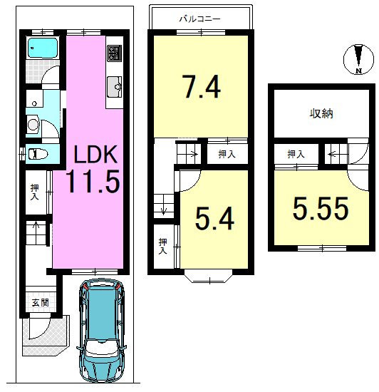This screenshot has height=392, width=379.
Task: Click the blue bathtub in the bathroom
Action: [x=43, y=47]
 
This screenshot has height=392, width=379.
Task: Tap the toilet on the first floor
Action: [x=38, y=154]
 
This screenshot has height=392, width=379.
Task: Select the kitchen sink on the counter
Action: [x=115, y=87]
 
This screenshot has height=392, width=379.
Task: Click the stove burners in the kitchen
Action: [x=115, y=53]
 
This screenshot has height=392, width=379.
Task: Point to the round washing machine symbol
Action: [x=33, y=125]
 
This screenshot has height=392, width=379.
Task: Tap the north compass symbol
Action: [x=359, y=59]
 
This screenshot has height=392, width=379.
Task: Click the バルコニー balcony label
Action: [x=200, y=19]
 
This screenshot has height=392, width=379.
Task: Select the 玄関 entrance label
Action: [x=40, y=303]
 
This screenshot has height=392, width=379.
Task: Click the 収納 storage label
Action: [x=321, y=114]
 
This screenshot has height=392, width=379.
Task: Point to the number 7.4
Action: [x=202, y=87]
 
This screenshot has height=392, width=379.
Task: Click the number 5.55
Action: [x=321, y=208]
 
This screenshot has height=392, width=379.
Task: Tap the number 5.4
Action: [x=214, y=218]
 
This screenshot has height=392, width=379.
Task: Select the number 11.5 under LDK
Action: [x=93, y=181]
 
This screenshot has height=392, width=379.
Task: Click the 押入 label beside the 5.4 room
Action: [x=163, y=247]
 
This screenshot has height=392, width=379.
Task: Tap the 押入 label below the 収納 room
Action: [x=296, y=154]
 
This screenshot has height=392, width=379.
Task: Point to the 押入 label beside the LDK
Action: [x=35, y=192]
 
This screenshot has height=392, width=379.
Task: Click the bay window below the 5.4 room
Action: [x=209, y=276]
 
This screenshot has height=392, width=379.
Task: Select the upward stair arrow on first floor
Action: [x=36, y=229]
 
